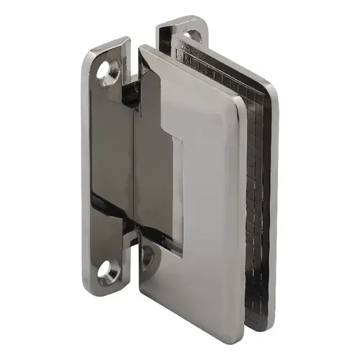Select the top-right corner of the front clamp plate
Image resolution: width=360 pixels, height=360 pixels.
[x=238, y=101]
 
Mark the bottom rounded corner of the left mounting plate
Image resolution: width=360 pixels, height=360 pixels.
[x=101, y=294]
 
